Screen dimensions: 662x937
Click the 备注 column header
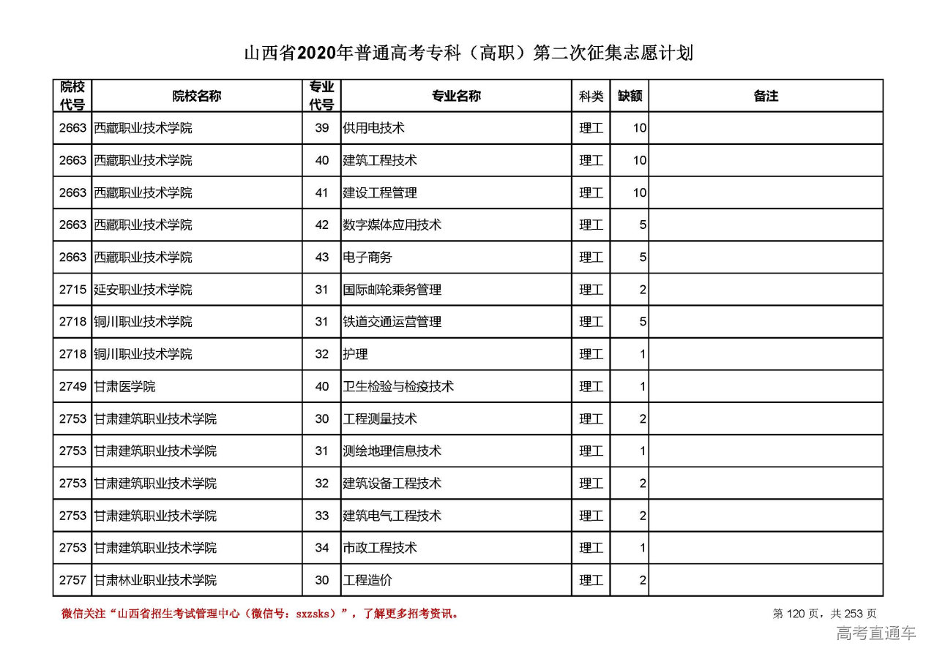pos(766,96)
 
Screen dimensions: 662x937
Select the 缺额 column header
pos(630,96)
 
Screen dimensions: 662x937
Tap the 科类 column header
pos(591,96)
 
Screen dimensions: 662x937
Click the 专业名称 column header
pos(456,96)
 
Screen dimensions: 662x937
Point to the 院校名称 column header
pos(197,96)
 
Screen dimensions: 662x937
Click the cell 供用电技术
pos(374,128)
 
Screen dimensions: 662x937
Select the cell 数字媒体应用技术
pos(392,225)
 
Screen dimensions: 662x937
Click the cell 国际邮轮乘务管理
pos(392,290)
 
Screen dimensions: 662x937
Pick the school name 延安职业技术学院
pos(143,290)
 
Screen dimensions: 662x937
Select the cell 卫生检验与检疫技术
pos(398,386)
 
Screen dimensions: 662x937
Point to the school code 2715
pos(72,290)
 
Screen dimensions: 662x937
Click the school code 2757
pos(72,580)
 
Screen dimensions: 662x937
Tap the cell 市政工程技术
pos(380,548)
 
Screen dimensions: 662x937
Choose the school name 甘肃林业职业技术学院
pos(156,580)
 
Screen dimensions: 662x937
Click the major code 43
pos(322,257)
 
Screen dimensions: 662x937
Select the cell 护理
pos(355,354)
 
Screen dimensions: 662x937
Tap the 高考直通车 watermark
pos(876,633)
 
